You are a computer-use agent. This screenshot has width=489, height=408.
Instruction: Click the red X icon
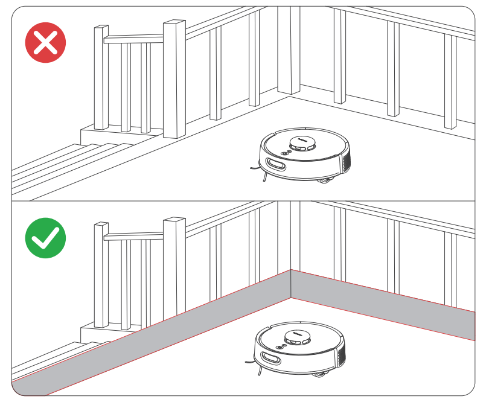[x=45, y=43]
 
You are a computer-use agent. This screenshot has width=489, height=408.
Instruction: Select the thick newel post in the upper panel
[x=174, y=78]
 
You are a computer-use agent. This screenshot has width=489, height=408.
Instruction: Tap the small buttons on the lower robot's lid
[x=279, y=346]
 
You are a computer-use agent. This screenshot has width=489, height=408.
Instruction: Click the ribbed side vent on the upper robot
[x=346, y=161]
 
